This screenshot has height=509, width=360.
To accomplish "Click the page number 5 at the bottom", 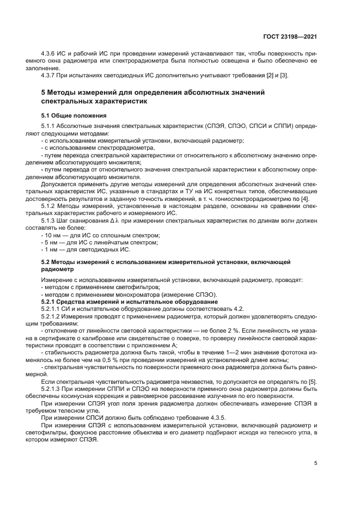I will click(x=315, y=463).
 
